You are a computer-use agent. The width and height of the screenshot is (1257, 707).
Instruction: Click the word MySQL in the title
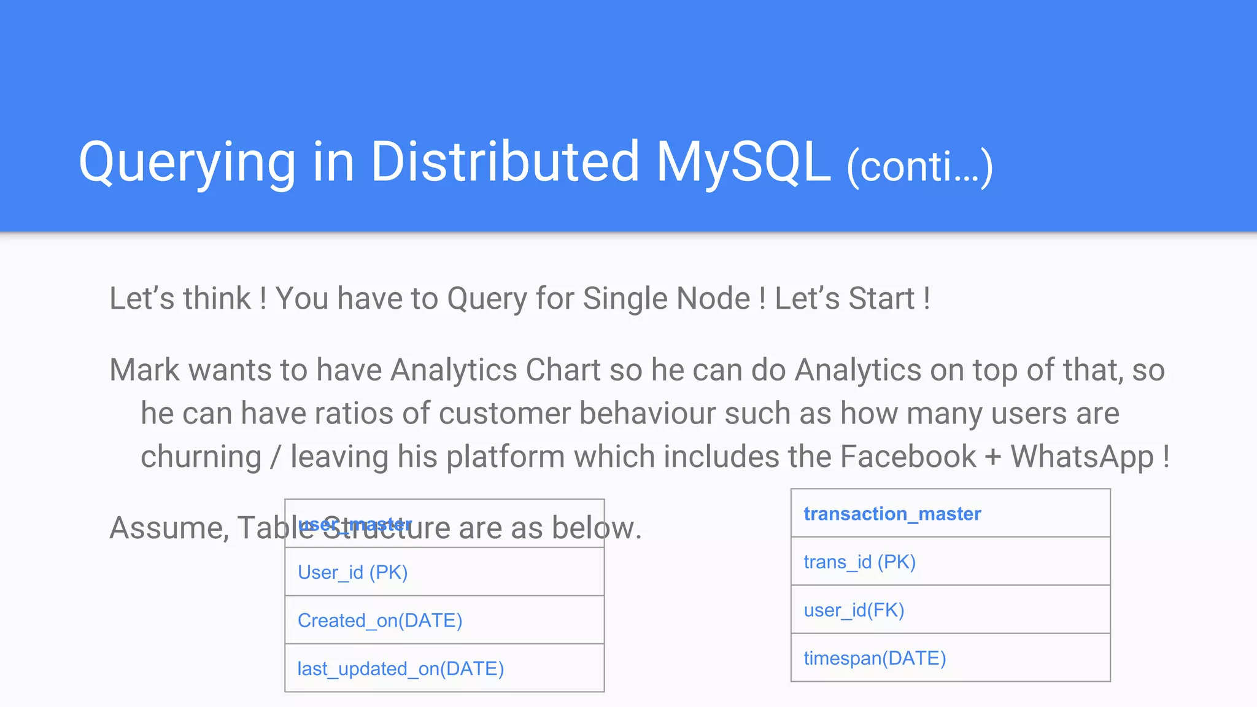(x=743, y=162)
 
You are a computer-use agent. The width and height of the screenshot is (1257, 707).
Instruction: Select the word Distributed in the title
(x=505, y=162)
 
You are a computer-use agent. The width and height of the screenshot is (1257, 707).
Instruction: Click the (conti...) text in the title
(x=919, y=167)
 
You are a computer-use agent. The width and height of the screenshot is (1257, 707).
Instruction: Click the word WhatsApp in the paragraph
(x=1082, y=457)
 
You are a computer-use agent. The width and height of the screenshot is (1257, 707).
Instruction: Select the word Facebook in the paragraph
(x=908, y=457)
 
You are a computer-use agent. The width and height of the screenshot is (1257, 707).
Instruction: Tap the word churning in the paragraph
(x=201, y=457)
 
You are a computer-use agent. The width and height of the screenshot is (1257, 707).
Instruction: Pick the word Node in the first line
(x=713, y=299)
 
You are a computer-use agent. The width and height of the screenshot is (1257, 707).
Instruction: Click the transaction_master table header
(x=892, y=514)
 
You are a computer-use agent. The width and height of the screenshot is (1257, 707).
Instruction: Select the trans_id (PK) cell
(x=859, y=562)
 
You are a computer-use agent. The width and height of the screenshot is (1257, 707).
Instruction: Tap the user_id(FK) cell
(x=854, y=610)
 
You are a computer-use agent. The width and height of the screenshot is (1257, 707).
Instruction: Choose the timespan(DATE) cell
(x=875, y=659)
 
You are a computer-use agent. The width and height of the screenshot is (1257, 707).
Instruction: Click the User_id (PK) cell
(x=352, y=573)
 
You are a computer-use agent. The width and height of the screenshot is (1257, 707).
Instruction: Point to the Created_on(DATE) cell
(x=379, y=620)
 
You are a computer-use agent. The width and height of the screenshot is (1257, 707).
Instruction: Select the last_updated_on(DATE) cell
(x=400, y=669)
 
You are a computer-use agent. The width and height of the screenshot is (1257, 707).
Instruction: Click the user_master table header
(x=355, y=524)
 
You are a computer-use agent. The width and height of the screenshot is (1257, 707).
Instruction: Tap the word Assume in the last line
(x=169, y=528)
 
